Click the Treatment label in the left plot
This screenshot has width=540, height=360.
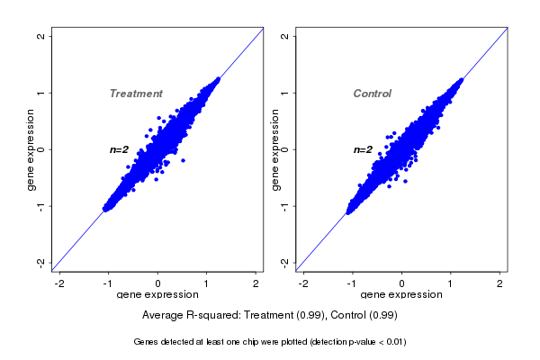click(136, 94)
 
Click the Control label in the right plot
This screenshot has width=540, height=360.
click(373, 94)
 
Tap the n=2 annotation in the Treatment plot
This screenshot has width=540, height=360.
click(120, 149)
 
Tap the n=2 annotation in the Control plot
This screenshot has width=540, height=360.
click(363, 149)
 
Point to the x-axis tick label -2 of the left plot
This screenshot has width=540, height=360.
click(60, 284)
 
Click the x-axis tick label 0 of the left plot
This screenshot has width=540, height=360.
click(158, 284)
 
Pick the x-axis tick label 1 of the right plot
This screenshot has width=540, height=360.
click(451, 284)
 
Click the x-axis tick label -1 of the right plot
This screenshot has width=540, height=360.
click(352, 284)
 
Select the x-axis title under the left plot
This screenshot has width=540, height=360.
click(157, 295)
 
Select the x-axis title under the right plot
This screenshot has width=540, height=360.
click(401, 295)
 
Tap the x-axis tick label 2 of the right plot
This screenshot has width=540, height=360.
click(499, 284)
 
